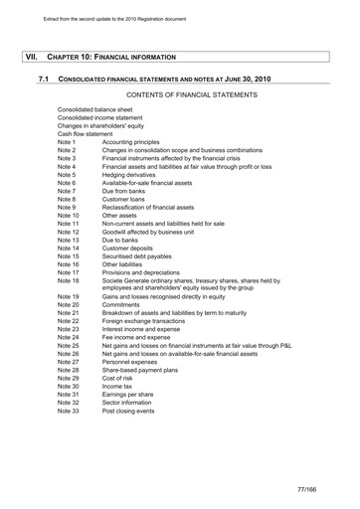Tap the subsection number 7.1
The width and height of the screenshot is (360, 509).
click(44, 78)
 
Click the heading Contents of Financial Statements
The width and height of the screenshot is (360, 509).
click(193, 94)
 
